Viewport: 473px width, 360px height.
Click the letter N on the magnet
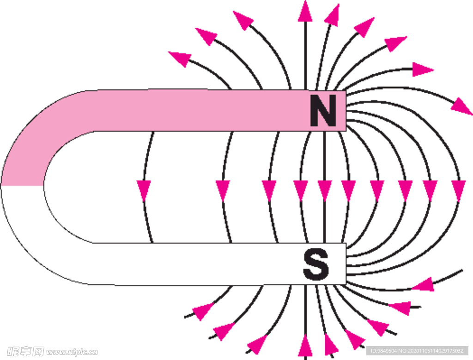pyautogui.click(x=323, y=111)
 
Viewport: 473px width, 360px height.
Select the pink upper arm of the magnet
pyautogui.click(x=185, y=110)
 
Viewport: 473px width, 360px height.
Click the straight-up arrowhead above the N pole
pyautogui.click(x=305, y=11)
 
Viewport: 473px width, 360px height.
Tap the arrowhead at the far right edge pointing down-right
pyautogui.click(x=461, y=107)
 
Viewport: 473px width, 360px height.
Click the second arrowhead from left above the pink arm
pyautogui.click(x=206, y=36)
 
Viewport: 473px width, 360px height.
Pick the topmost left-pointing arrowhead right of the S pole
pyautogui.click(x=423, y=284)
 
